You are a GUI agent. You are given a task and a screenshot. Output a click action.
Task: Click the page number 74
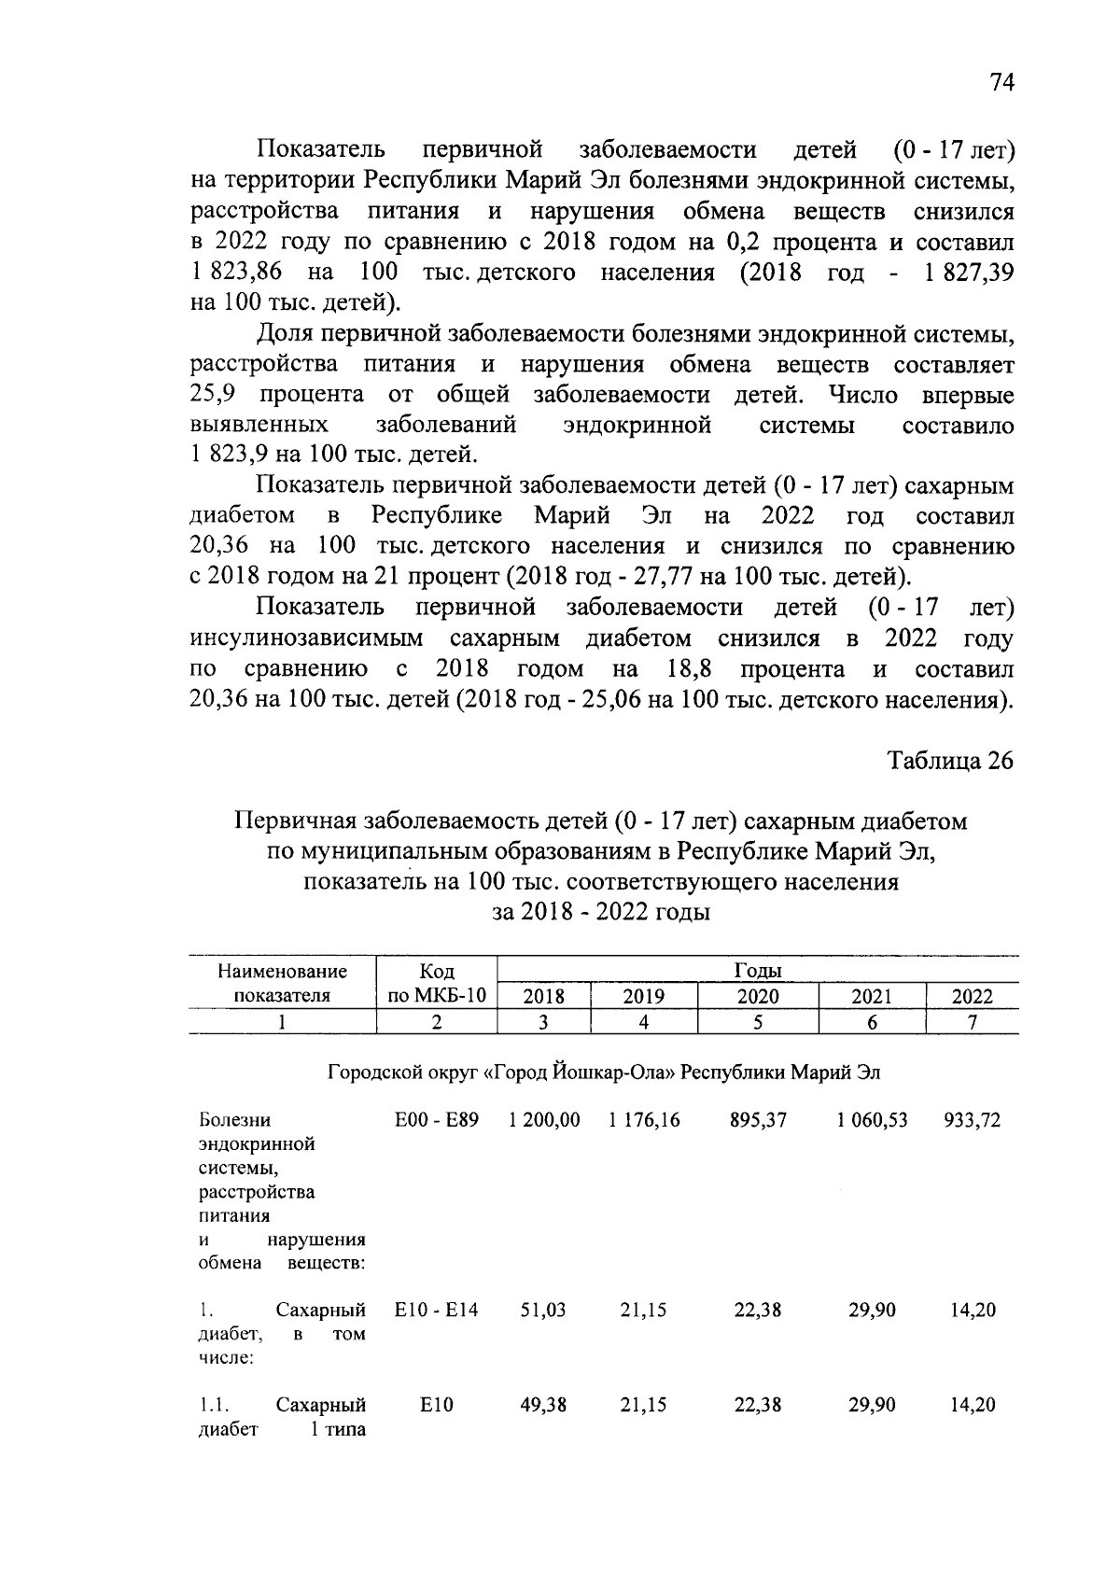[x=1001, y=83]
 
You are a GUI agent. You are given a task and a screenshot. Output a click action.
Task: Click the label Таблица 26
[x=950, y=761]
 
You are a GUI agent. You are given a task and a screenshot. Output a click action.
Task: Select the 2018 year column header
[x=544, y=996]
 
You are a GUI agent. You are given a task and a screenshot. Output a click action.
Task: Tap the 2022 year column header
[x=972, y=996]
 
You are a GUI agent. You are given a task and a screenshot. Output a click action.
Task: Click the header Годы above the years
[x=758, y=971]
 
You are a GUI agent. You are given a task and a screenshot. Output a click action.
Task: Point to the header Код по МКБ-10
[x=437, y=983]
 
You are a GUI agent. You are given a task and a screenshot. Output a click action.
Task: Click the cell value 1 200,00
[x=544, y=1120]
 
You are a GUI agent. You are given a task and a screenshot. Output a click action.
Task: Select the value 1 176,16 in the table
[x=644, y=1120]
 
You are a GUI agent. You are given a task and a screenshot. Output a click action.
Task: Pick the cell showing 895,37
[x=758, y=1120]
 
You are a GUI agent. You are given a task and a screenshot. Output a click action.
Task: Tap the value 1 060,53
[x=872, y=1120]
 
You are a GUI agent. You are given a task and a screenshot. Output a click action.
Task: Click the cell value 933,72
[x=973, y=1120]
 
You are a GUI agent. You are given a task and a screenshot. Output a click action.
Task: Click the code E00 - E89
[x=437, y=1120]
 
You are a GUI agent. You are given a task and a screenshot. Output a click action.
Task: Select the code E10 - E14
[x=437, y=1311]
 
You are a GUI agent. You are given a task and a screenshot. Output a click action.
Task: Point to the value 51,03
[x=543, y=1311]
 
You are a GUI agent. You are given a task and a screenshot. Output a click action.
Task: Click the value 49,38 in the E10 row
[x=543, y=1405]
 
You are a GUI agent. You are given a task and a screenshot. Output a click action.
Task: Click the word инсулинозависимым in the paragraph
[x=306, y=638]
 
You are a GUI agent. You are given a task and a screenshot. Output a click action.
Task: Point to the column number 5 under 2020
[x=758, y=1022]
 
